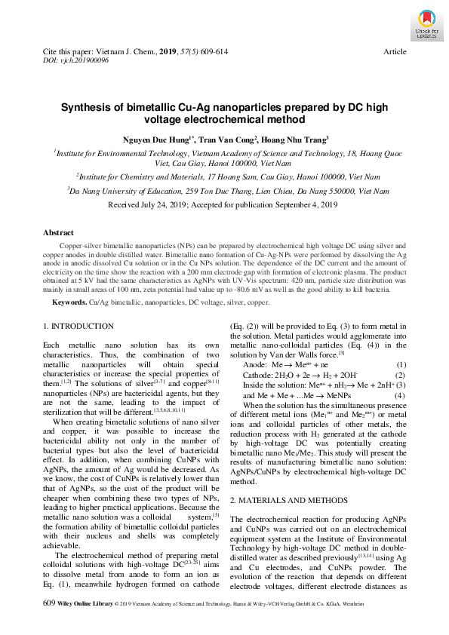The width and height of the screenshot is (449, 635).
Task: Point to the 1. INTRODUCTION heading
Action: [x=78, y=326]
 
